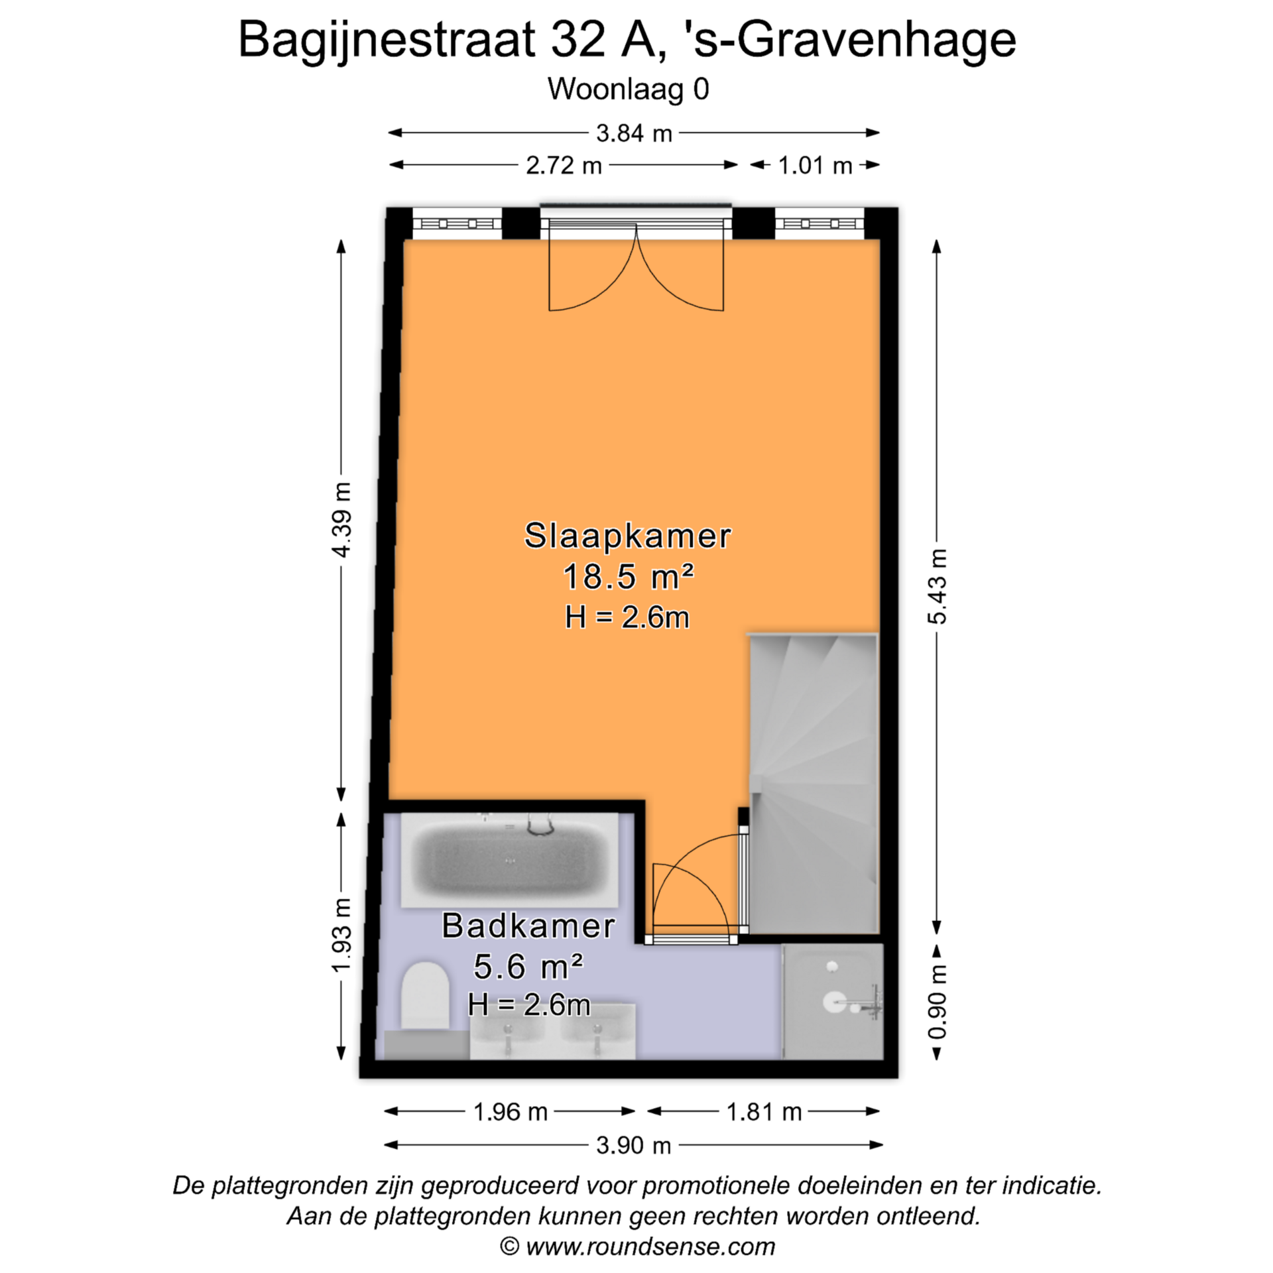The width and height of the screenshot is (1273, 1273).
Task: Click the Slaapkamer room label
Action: pos(627,536)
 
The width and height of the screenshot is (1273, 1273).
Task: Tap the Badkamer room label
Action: pos(528,926)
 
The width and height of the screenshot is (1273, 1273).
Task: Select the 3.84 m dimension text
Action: pos(634,133)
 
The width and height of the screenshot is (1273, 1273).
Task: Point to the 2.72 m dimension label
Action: pos(564,165)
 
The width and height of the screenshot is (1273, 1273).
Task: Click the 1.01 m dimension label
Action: pos(815,165)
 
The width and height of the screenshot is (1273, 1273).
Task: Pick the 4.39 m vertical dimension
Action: pos(342,520)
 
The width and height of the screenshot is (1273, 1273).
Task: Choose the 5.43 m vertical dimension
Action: pos(937,586)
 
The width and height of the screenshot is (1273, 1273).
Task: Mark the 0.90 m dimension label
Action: pos(937,1002)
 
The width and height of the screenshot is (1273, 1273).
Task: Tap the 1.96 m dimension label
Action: pos(510,1112)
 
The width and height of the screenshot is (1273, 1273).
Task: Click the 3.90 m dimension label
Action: pos(634,1145)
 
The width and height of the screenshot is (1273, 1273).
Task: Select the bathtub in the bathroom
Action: pos(510,860)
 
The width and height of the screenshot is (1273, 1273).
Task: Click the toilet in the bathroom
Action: pos(425,996)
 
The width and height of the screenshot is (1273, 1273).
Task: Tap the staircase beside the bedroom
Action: pos(814,784)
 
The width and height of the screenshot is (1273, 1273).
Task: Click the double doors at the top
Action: pos(636,265)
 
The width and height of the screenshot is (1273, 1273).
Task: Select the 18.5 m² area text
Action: pos(628,576)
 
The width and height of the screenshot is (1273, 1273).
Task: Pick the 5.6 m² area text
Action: pos(528,967)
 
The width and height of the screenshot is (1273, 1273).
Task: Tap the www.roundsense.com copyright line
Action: pos(637,1247)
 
